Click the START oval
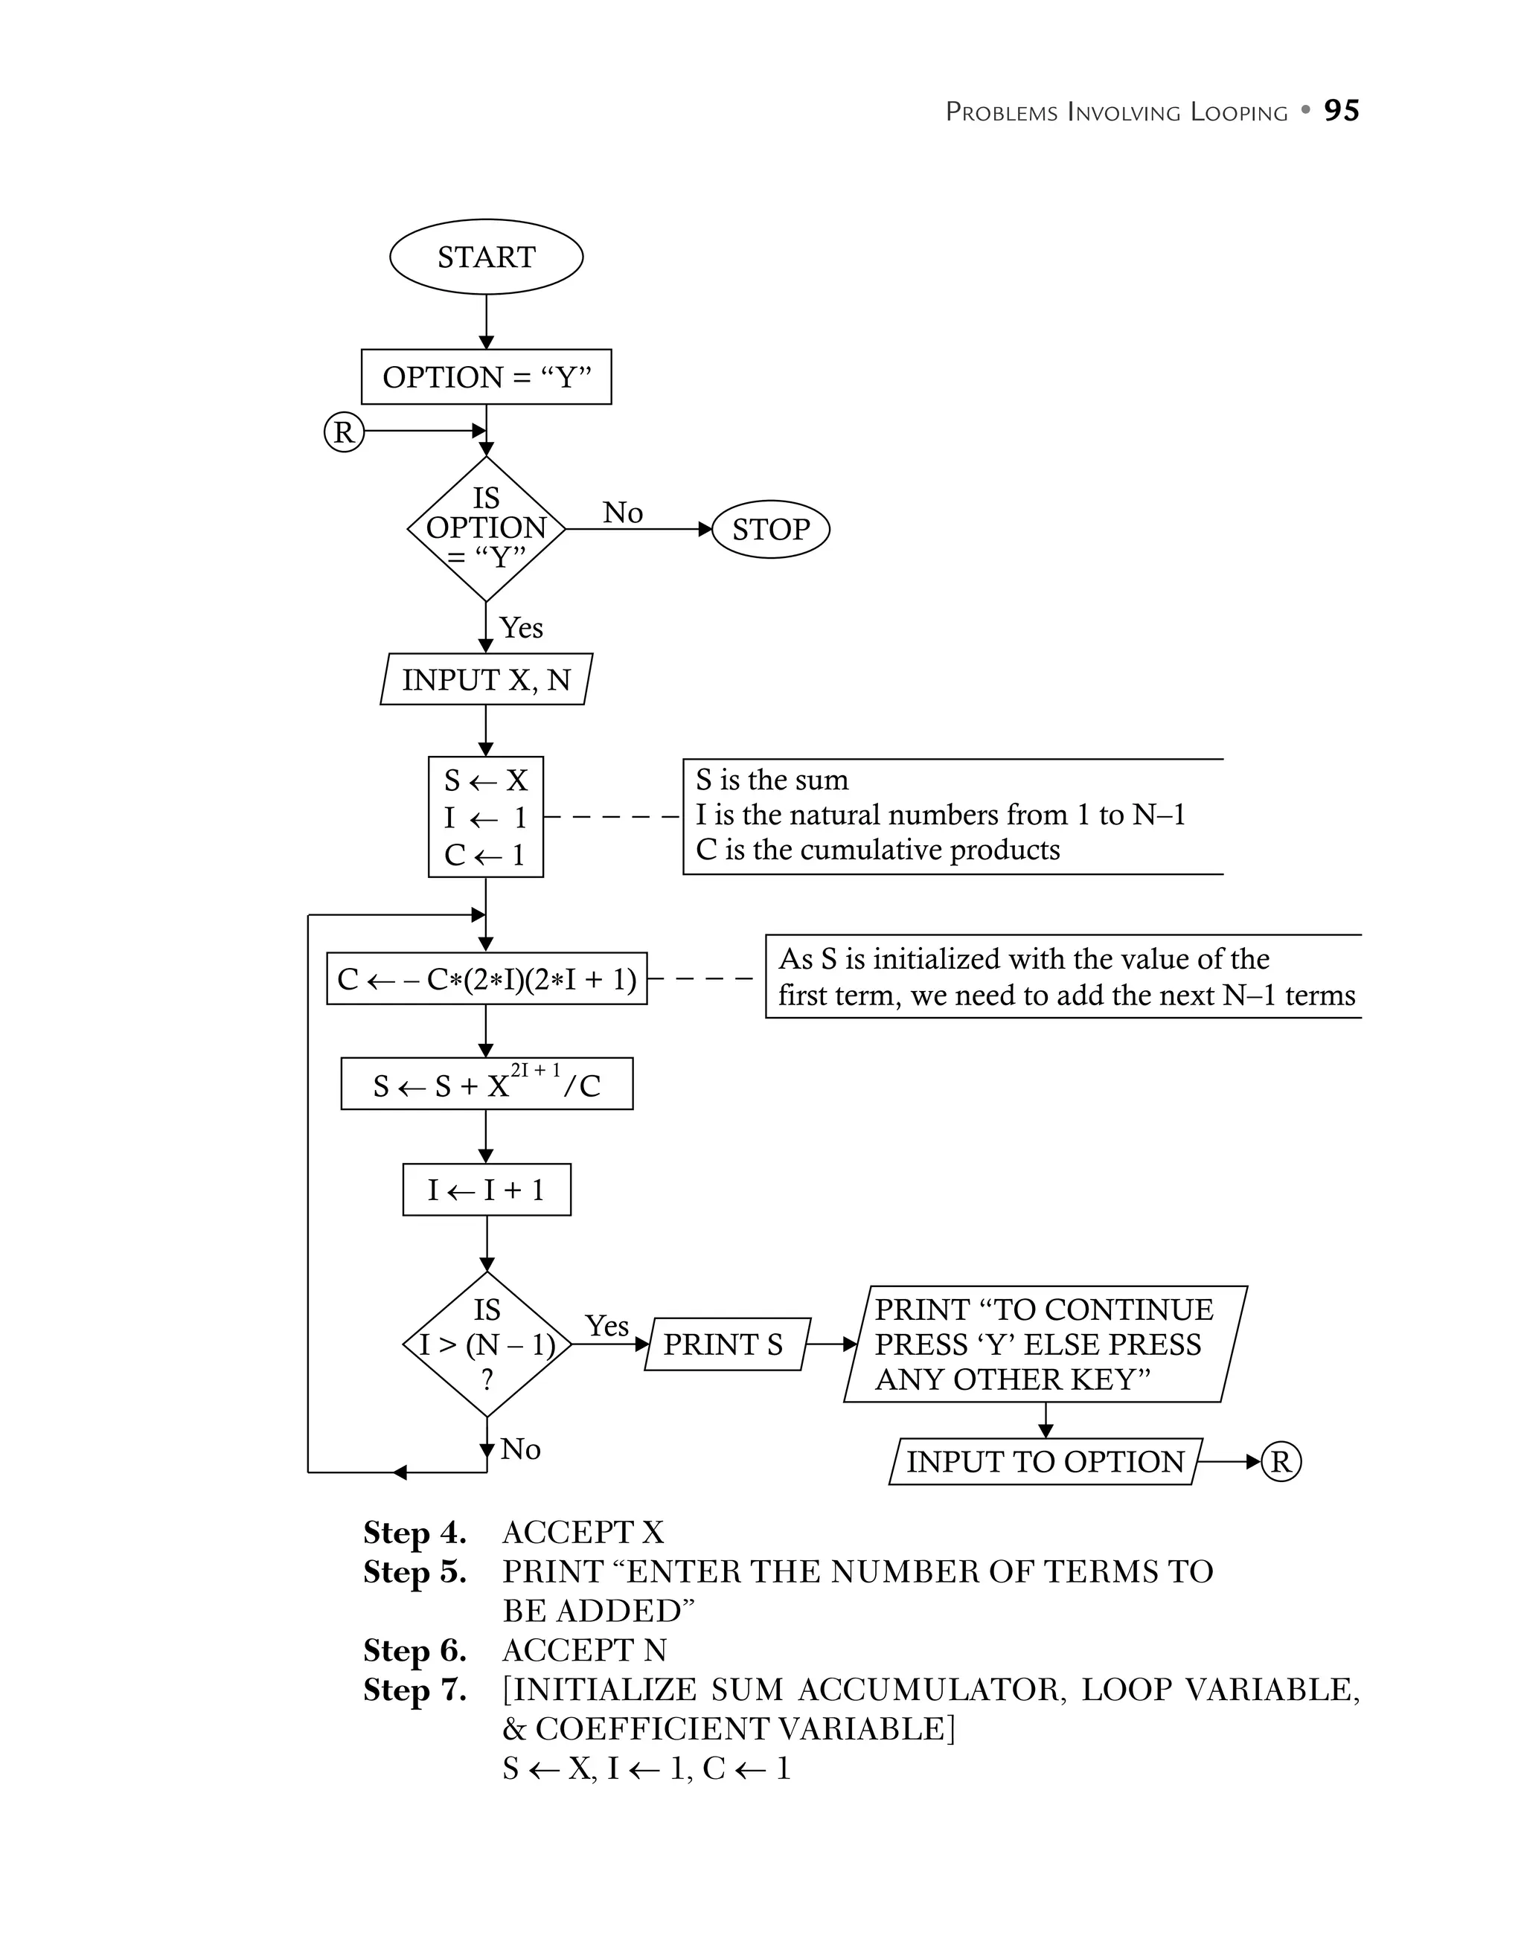(x=486, y=257)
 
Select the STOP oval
(x=770, y=529)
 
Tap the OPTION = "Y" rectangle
(x=486, y=376)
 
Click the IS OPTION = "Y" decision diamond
(x=486, y=528)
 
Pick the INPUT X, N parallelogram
(x=486, y=679)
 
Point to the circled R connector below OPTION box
(x=344, y=432)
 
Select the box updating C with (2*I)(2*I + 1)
(x=486, y=978)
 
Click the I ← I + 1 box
(x=486, y=1190)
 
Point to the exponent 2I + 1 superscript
(x=536, y=1069)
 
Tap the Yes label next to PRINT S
(x=606, y=1325)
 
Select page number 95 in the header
(x=1341, y=110)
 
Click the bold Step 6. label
(x=414, y=1649)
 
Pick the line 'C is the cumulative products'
(x=877, y=850)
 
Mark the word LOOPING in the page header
(x=1239, y=112)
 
